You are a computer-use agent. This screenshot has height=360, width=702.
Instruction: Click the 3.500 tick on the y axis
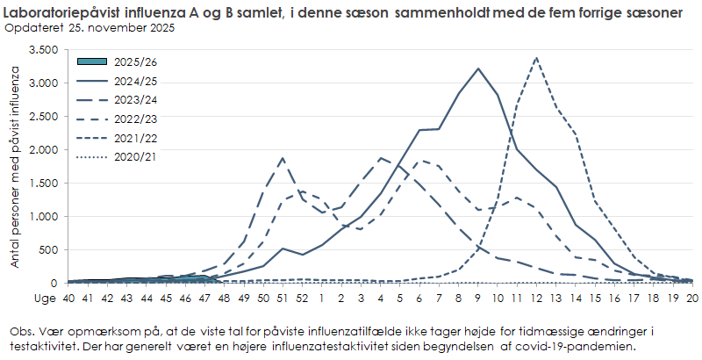click(42, 50)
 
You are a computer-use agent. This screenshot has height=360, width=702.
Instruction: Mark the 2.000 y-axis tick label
click(42, 150)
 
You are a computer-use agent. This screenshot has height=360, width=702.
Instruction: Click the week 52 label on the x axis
click(302, 298)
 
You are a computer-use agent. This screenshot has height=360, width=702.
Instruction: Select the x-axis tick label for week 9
click(477, 298)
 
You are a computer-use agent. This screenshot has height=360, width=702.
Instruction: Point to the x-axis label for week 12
click(536, 298)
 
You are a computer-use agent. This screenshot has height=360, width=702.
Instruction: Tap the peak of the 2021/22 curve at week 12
click(536, 58)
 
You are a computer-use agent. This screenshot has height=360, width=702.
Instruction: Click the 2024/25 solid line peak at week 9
click(477, 68)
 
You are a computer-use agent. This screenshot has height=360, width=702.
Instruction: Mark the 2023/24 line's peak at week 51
click(283, 158)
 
